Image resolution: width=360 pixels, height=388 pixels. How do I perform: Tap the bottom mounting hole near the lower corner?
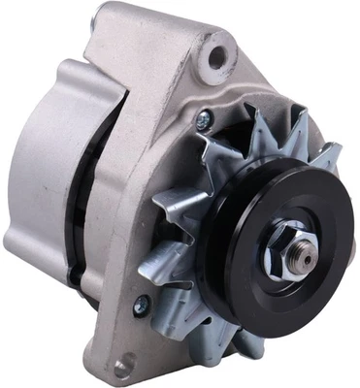coord(120,366)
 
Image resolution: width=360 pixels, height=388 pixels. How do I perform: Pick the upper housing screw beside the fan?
coord(202,121)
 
